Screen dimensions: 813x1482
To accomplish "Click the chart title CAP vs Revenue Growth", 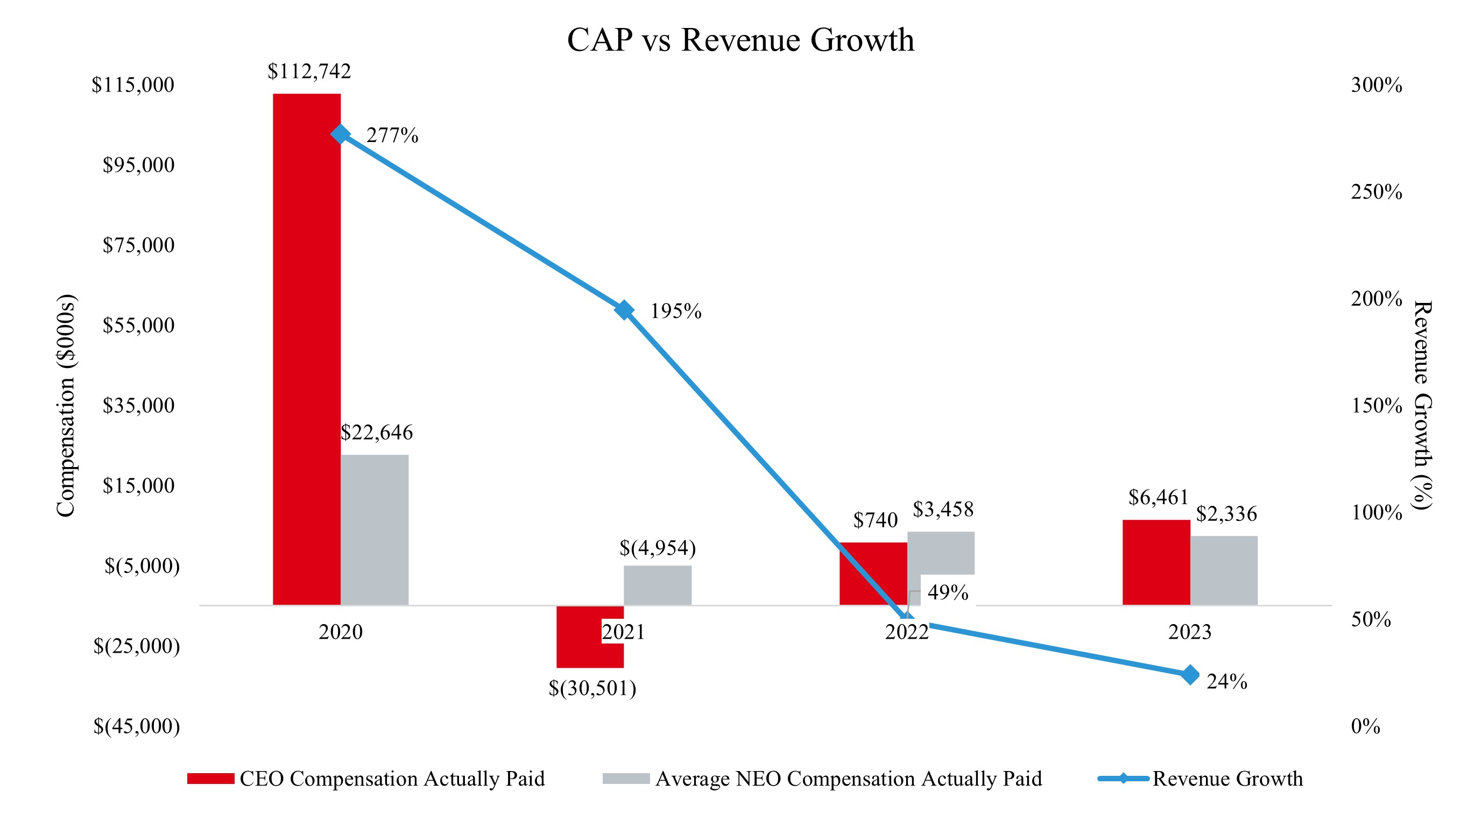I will click(740, 40).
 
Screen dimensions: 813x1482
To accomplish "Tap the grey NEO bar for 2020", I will click(375, 529).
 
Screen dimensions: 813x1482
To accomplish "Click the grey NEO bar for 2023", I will click(1224, 570).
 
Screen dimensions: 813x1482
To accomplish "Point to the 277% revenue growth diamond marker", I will click(340, 134).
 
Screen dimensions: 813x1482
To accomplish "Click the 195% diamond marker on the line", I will click(624, 310).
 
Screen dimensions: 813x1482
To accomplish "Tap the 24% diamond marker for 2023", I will click(1190, 675).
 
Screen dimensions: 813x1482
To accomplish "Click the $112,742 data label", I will click(309, 72).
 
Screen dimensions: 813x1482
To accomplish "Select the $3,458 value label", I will click(943, 509).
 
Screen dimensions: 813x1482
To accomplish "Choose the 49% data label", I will click(948, 592).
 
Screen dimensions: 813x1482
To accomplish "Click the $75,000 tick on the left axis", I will click(138, 245).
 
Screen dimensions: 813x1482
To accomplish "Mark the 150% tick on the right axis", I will click(1376, 406).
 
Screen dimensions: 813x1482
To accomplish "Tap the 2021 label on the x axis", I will click(623, 632).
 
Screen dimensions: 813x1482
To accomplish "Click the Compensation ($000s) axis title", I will click(66, 406).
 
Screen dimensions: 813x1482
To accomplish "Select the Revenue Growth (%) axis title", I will click(1422, 405).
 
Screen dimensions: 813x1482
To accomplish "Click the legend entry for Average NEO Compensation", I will click(848, 779).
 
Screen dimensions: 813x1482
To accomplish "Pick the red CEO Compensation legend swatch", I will click(210, 779).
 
